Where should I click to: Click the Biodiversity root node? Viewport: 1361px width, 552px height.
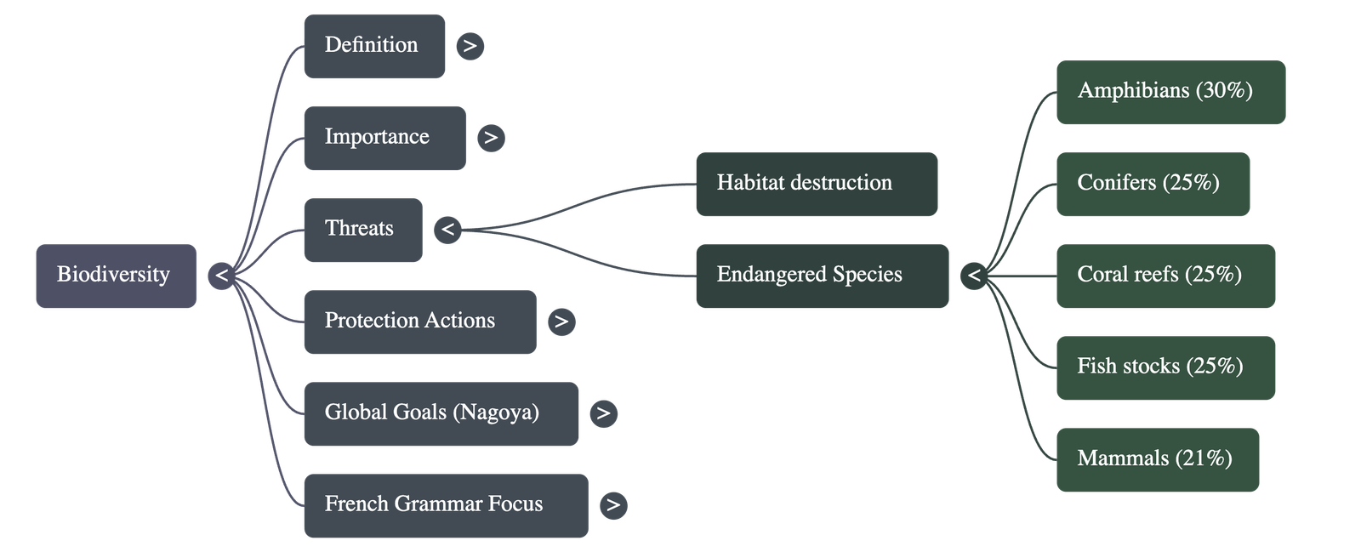[116, 276]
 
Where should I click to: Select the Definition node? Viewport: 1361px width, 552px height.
[374, 46]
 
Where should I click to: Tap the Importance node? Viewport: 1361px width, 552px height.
[384, 138]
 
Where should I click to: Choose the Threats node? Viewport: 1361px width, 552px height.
[362, 230]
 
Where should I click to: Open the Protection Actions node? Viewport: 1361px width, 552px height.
[419, 322]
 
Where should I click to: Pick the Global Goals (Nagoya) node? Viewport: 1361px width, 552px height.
[441, 413]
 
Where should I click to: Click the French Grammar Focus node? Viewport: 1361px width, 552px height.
[446, 505]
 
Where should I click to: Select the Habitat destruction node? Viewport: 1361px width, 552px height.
[817, 184]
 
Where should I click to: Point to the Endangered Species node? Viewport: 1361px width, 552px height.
[822, 276]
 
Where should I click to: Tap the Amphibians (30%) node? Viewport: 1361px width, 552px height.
[1170, 92]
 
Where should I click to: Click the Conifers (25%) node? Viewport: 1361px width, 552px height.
[1153, 184]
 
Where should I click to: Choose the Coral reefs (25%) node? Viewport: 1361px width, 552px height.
[1165, 276]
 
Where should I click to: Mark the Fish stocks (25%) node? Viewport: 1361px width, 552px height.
[1165, 367]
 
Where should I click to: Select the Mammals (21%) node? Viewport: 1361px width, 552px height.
[1158, 459]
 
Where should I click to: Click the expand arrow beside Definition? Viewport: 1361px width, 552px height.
[470, 46]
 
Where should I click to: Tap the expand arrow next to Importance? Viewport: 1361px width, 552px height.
[491, 138]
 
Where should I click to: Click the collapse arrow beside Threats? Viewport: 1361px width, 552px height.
[447, 230]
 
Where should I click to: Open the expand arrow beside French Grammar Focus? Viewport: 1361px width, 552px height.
[613, 505]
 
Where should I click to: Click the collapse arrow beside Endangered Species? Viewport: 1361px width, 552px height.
[974, 276]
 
